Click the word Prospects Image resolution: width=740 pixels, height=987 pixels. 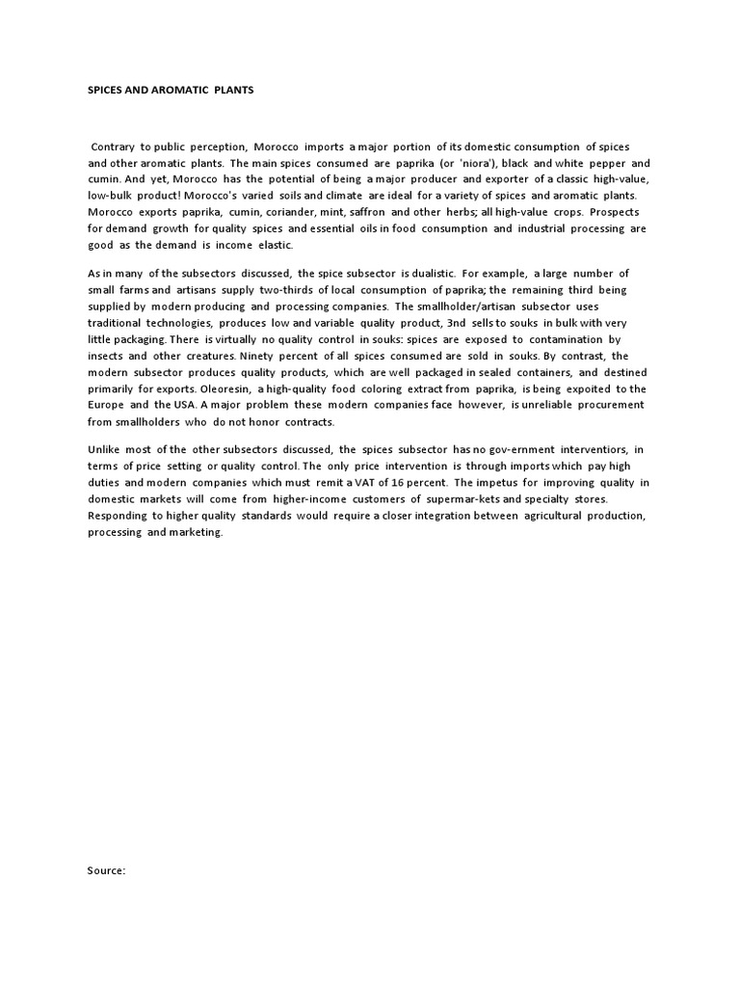point(613,211)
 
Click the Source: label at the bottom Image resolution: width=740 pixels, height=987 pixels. point(106,870)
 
